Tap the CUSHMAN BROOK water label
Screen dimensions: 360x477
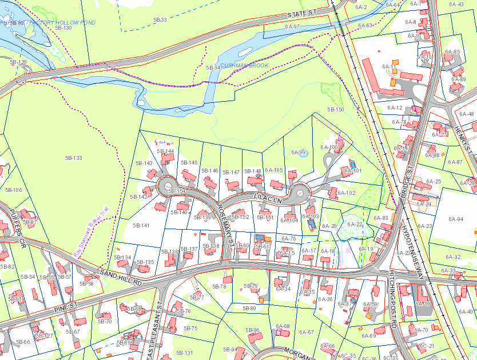244,66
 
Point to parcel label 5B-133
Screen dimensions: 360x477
74,158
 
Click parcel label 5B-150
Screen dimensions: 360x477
335,109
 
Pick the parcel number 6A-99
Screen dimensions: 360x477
299,153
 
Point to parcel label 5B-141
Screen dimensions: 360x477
141,226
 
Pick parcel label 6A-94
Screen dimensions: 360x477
456,219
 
